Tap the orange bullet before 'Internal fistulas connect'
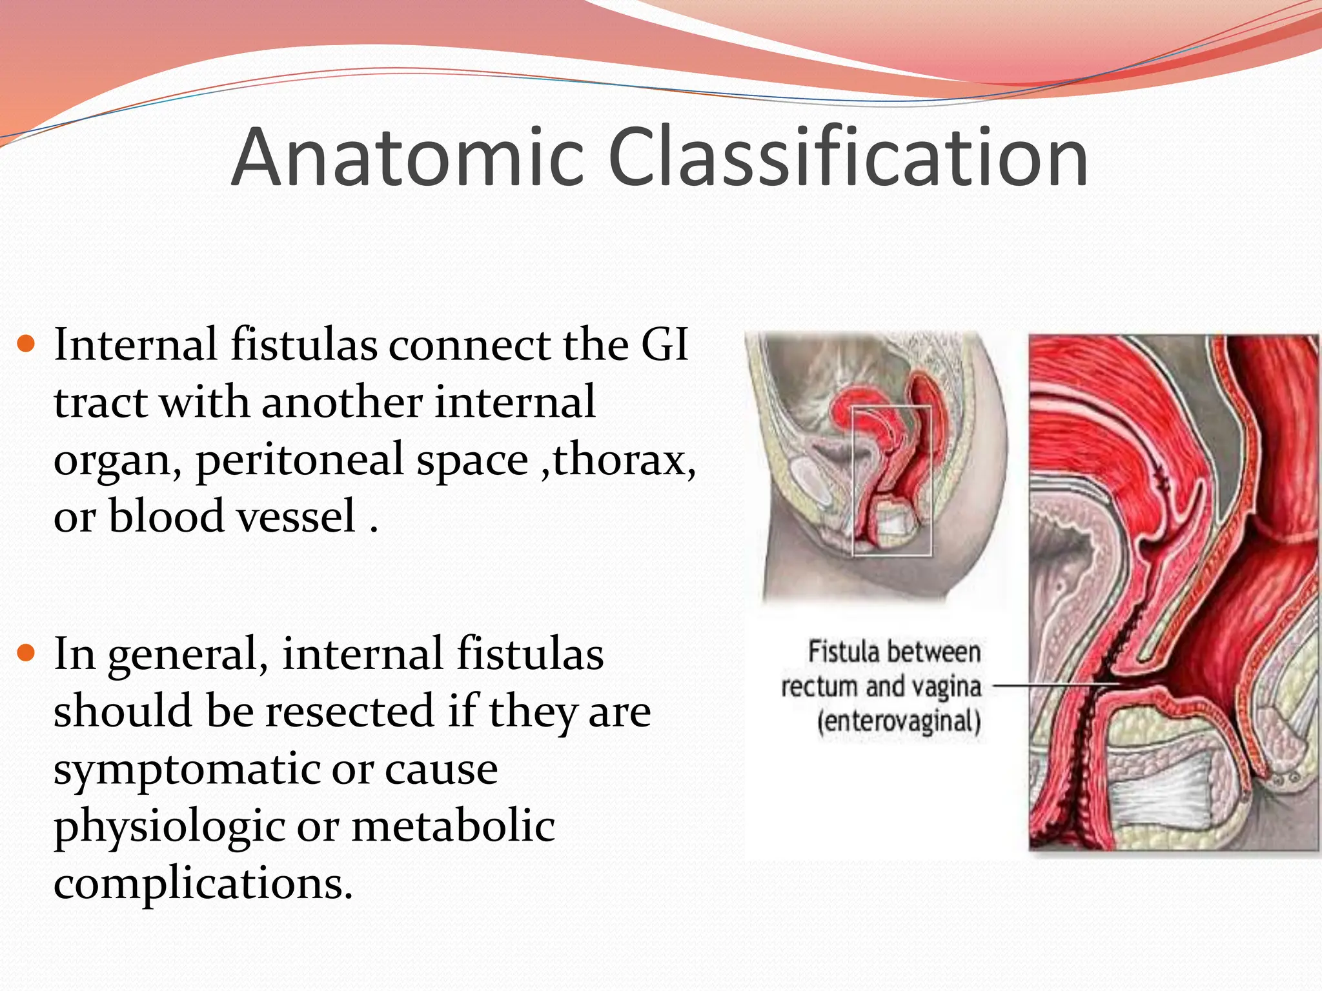(x=26, y=344)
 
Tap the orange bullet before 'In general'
(x=26, y=654)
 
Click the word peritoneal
(x=361, y=461)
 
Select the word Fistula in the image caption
(x=836, y=652)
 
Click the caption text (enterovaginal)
(x=899, y=721)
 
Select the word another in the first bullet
(x=341, y=402)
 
